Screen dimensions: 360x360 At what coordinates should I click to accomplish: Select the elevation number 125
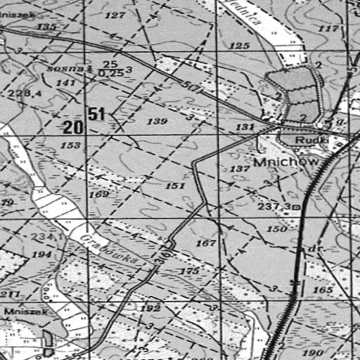click(240, 46)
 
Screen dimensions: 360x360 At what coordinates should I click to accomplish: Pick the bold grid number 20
click(72, 127)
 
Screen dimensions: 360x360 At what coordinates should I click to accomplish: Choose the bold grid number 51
click(97, 113)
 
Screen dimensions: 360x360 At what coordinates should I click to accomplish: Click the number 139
click(157, 122)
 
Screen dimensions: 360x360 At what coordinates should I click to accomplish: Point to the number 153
click(70, 145)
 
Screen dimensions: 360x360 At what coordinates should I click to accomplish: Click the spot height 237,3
click(274, 207)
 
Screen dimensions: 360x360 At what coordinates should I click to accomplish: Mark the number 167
click(205, 243)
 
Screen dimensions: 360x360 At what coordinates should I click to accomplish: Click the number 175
click(190, 271)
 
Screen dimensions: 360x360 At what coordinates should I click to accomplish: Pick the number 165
click(323, 289)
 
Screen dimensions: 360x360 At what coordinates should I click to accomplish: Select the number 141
click(65, 83)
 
